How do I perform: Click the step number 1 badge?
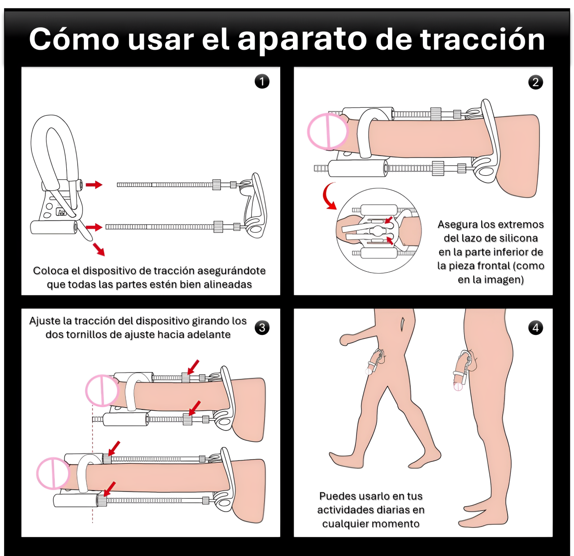(262, 82)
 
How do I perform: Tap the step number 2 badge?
(535, 82)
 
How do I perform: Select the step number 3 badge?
(262, 328)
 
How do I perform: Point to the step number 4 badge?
(535, 328)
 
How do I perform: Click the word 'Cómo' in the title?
(74, 39)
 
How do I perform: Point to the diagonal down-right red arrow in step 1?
(99, 250)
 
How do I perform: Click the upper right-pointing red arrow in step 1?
(94, 185)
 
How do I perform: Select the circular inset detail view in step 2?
(379, 230)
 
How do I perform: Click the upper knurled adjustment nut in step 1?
(217, 185)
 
